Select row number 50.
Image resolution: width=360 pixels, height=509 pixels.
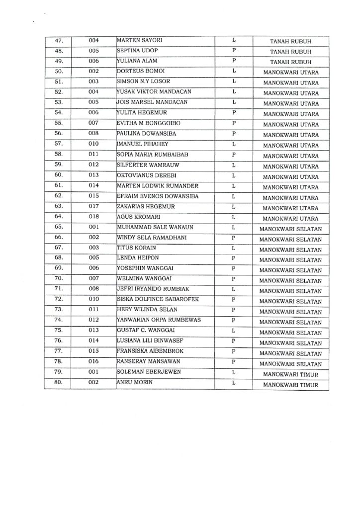coord(58,72)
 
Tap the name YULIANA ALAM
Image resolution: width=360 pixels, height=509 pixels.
coord(136,61)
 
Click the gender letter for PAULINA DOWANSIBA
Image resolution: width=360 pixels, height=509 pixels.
coord(233,134)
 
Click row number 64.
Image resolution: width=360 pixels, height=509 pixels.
coord(58,217)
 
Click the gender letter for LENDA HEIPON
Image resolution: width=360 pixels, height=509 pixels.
coord(233,258)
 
